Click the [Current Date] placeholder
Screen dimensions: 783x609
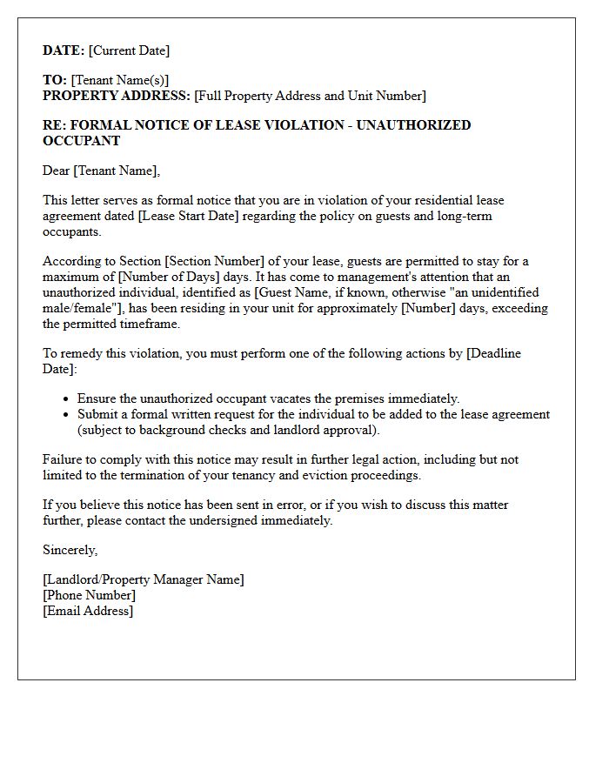point(129,50)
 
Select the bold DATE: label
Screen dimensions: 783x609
point(64,50)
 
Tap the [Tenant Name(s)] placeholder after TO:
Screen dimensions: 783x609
point(120,80)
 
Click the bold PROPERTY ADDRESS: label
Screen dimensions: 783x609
point(117,96)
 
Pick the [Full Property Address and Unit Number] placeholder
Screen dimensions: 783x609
point(310,96)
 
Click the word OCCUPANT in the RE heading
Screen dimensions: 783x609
point(81,140)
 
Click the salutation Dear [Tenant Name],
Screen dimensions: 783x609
point(102,171)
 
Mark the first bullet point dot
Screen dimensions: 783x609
point(67,399)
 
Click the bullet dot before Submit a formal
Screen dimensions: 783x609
point(67,415)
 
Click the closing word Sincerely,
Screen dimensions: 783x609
point(70,550)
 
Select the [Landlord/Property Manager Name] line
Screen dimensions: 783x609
point(144,579)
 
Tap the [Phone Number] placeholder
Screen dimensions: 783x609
point(89,595)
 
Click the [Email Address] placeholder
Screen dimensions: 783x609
point(88,611)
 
